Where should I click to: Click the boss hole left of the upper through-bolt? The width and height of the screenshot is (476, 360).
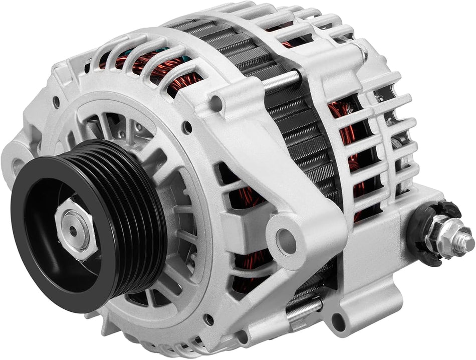pyautogui.click(x=216, y=102)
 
